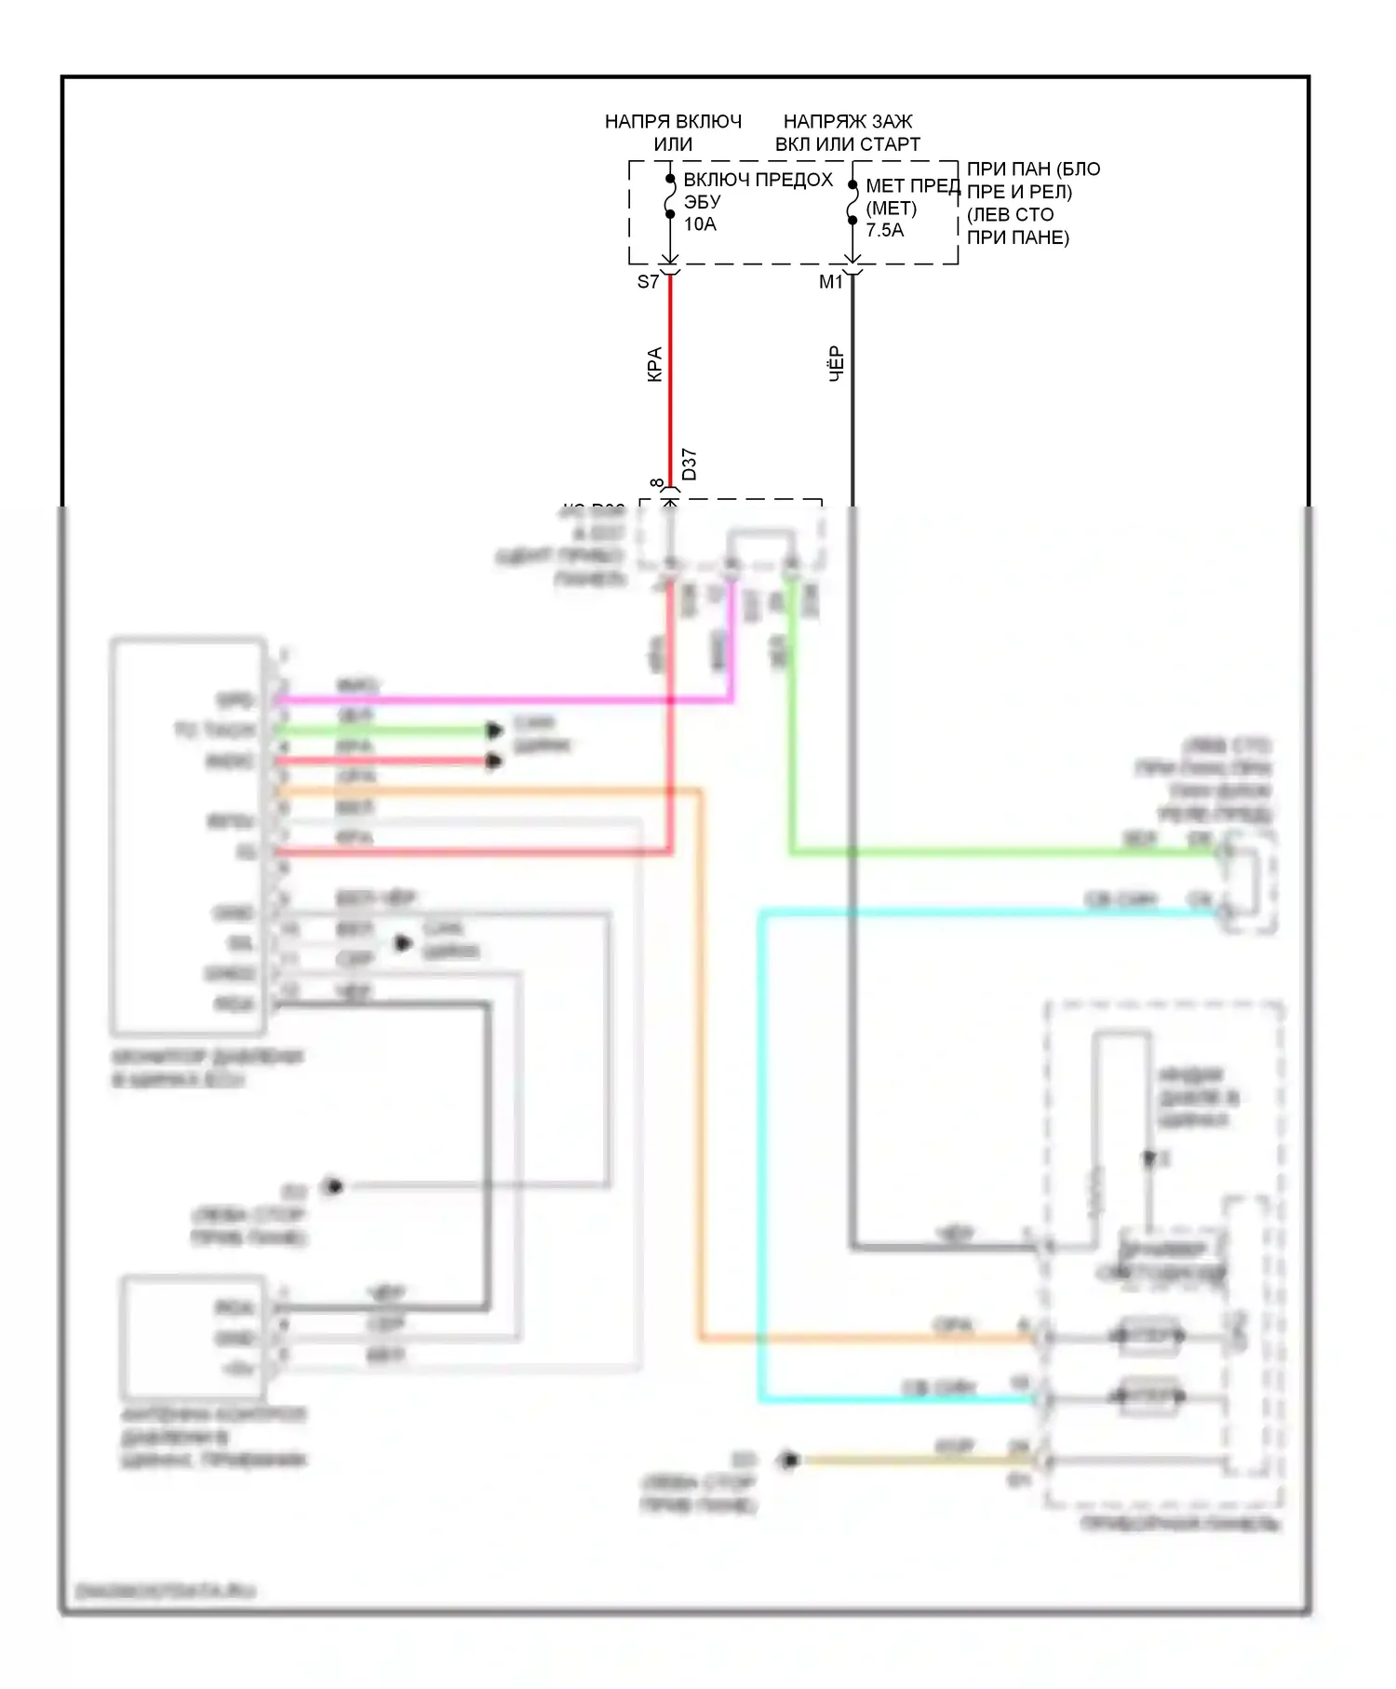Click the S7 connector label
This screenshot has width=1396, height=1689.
648,281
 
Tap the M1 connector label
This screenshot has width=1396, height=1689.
830,281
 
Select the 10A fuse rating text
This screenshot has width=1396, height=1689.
700,224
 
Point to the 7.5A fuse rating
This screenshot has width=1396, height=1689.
884,230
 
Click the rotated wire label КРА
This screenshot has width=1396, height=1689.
654,364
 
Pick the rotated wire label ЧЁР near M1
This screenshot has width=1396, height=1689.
836,363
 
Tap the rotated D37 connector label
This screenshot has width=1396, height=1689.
689,464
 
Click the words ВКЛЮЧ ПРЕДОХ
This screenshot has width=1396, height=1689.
758,180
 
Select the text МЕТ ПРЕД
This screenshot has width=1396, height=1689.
912,186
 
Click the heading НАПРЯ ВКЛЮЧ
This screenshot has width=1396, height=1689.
673,122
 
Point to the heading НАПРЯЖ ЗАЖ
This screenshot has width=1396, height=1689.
847,122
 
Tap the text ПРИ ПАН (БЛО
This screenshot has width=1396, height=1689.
1033,169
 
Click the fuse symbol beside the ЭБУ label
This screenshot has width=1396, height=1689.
670,196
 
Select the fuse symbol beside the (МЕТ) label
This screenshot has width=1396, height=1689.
852,203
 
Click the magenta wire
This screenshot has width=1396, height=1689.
503,699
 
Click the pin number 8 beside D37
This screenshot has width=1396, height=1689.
657,484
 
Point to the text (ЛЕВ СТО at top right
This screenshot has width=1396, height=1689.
1010,214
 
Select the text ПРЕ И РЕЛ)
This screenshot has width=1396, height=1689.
1019,192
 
